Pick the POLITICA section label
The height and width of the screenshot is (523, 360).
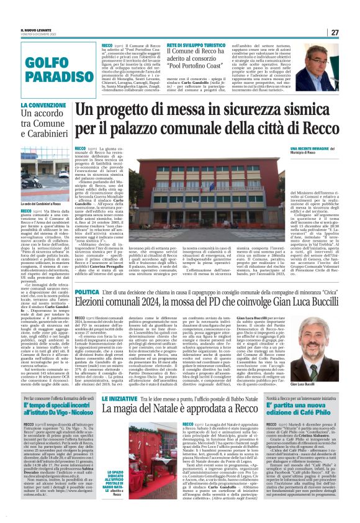[87, 291]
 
